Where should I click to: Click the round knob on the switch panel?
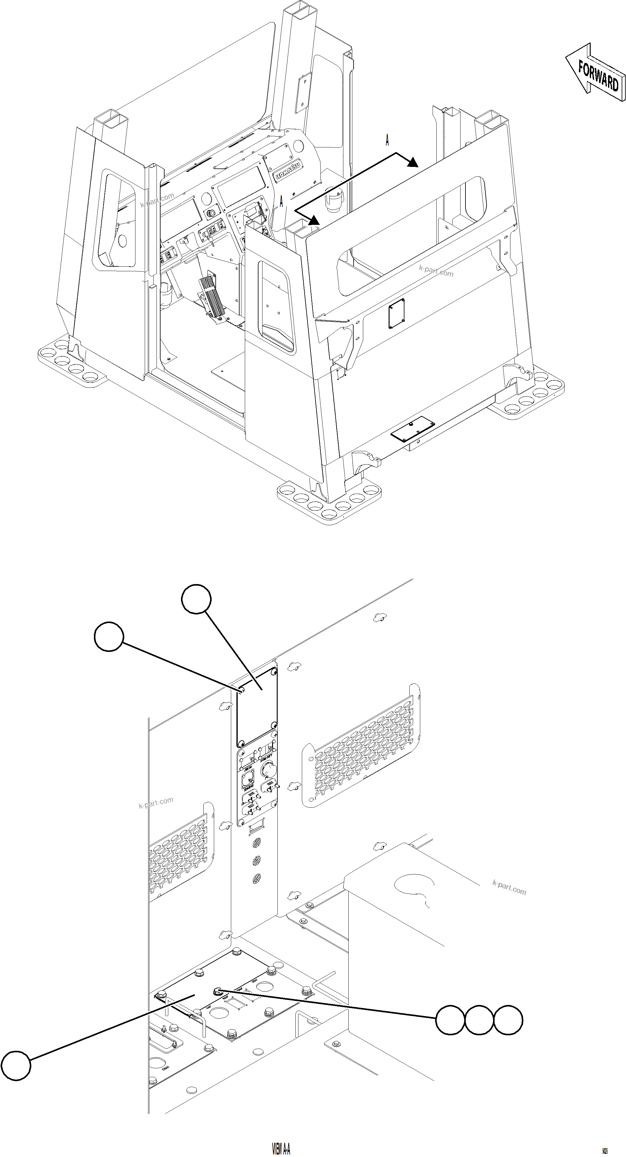click(268, 770)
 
